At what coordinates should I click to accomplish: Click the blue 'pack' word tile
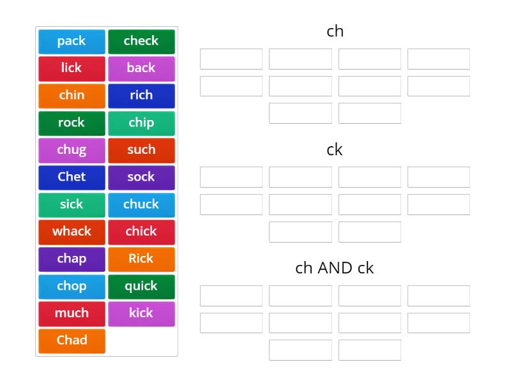(72, 41)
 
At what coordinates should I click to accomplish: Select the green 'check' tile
(141, 41)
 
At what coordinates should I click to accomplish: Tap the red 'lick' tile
(72, 68)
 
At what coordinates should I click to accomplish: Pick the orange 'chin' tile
(72, 95)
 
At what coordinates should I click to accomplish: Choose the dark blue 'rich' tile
(141, 95)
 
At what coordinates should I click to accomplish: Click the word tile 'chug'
(72, 150)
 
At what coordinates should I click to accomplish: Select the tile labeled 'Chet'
(72, 177)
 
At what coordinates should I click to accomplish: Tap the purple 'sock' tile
(141, 177)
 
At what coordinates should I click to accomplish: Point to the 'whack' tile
(72, 232)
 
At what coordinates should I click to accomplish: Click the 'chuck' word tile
(141, 204)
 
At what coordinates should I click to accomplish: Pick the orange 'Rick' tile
(141, 259)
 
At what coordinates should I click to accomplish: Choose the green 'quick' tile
(141, 286)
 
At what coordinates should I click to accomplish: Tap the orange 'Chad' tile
(72, 340)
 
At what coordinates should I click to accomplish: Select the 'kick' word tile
(141, 313)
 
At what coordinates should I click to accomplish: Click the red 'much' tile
(72, 313)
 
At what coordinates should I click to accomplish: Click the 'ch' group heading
(335, 31)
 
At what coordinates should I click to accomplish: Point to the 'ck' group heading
(335, 149)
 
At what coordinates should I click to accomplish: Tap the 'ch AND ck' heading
(335, 268)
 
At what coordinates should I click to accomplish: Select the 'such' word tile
(141, 150)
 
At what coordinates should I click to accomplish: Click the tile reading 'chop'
(72, 286)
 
